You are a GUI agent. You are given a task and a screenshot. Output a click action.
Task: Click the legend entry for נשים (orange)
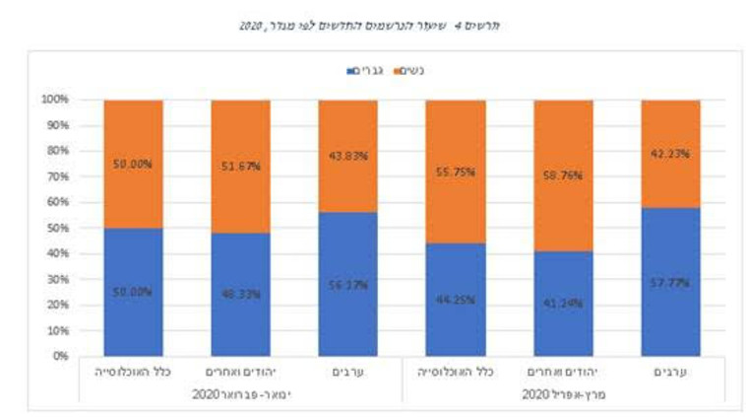[417, 71]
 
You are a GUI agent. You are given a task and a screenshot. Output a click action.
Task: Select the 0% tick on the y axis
[60, 356]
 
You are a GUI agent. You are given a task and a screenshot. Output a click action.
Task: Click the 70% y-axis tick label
[57, 176]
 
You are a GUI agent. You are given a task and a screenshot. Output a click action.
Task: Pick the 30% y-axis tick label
[57, 279]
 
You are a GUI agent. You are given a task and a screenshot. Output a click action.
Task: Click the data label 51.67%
[240, 167]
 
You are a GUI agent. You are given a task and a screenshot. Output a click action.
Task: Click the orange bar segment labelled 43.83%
[347, 156]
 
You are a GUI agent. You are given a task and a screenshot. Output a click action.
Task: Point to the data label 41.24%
[563, 304]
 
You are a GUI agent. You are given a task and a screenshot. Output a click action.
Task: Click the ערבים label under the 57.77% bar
[670, 373]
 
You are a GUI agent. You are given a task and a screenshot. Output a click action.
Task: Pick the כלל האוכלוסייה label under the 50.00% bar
[133, 373]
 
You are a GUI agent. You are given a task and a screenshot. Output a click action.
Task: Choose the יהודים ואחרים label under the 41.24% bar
[563, 373]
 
